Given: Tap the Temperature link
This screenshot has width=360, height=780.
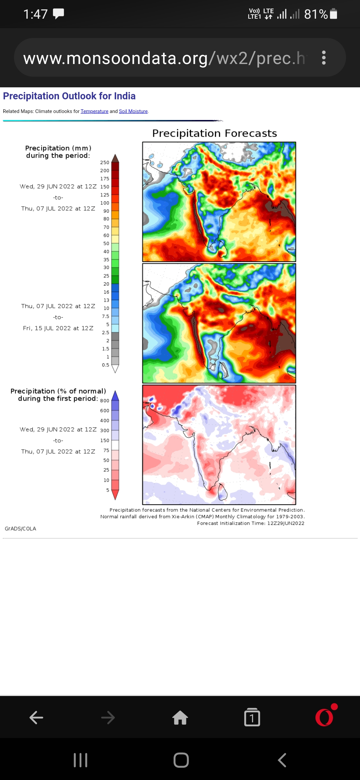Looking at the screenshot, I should pos(94,111).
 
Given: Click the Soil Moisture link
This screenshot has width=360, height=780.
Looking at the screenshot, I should pos(133,111).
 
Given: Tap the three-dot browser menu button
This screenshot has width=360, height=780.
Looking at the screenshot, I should pos(323,58).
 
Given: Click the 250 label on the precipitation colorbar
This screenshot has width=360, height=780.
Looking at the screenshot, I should pos(105,162).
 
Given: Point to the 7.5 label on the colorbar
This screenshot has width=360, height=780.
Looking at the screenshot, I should pos(106,316).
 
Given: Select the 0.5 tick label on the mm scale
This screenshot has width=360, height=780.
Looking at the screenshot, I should pos(106,365).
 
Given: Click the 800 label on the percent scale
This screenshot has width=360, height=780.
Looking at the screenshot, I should pos(105,401).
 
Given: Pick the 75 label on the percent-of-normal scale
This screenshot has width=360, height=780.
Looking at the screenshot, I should pos(106,450).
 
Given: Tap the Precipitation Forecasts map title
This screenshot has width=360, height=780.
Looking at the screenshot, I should pos(214,133).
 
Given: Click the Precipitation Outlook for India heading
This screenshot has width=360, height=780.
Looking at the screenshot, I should pos(69,96).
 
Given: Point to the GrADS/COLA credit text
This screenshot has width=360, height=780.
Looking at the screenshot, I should pos(20,529).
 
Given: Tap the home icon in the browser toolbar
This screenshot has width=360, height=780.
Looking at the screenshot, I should pos(180,717).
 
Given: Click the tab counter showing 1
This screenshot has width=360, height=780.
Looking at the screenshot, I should pos(252,717).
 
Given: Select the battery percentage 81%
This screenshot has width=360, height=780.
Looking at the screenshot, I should pos(316,14).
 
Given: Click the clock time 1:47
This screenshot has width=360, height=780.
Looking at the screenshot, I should pos(35,14).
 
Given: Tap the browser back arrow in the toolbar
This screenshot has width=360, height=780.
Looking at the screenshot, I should pos(36,717).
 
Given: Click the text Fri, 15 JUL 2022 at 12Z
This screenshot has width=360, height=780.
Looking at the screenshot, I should pos(58,328).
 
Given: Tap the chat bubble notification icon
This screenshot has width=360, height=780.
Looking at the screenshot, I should pos(58,14).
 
